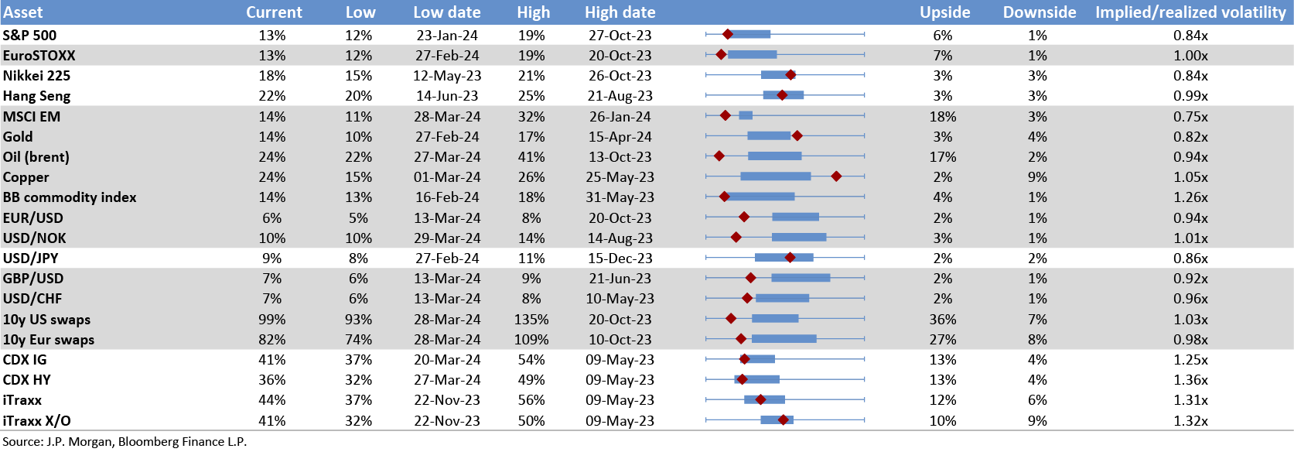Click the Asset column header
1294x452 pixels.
(23, 12)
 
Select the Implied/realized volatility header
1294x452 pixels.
(1190, 12)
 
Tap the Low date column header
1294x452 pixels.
(447, 12)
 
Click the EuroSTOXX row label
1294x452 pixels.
(39, 56)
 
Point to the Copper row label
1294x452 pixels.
(26, 177)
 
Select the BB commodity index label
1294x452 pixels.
(70, 197)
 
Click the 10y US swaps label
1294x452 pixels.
(46, 320)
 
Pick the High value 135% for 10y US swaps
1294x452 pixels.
(531, 320)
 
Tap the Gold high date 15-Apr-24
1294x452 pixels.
(620, 137)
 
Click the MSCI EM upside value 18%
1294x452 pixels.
(943, 117)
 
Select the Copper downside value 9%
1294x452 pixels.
(1037, 177)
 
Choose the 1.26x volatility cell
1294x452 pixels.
(1190, 197)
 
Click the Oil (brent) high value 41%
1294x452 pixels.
(531, 157)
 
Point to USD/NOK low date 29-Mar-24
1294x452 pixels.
(447, 238)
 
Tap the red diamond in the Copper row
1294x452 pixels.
(836, 176)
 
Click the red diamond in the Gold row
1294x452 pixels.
(797, 136)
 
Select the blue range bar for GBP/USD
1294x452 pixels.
(801, 278)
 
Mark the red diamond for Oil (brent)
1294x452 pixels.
(719, 156)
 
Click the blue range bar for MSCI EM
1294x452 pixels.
(746, 115)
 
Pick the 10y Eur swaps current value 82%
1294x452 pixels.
(272, 340)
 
